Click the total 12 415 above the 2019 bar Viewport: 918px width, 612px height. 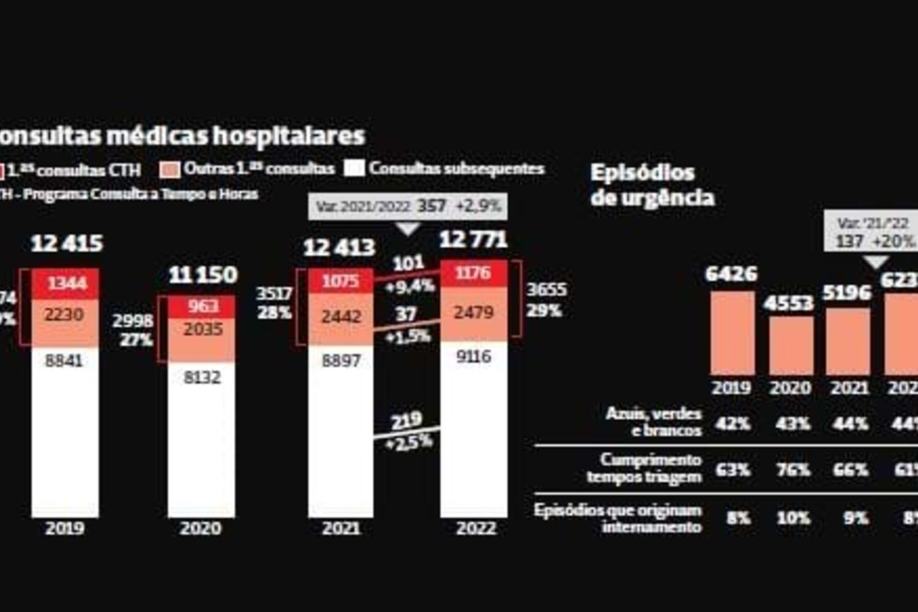point(67,244)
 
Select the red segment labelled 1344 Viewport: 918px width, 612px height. point(66,283)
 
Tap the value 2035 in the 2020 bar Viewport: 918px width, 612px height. point(203,330)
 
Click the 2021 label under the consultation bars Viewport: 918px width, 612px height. point(341,528)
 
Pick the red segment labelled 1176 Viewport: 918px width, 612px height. point(473,273)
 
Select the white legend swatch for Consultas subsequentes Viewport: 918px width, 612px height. point(354,168)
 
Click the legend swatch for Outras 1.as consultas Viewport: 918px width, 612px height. point(170,170)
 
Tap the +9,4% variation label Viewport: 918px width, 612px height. point(410,286)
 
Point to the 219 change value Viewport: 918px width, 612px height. point(407,421)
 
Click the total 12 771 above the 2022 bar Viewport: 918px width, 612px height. point(473,240)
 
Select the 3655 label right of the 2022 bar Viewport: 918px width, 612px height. point(546,289)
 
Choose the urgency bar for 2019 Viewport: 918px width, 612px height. point(732,334)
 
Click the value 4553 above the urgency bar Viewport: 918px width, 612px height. point(789,303)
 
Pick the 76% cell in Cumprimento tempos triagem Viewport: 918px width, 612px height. point(793,470)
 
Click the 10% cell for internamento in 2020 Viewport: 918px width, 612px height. point(793,518)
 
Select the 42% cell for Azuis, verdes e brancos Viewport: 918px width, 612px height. point(733,424)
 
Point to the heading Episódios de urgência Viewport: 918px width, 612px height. point(652,185)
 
